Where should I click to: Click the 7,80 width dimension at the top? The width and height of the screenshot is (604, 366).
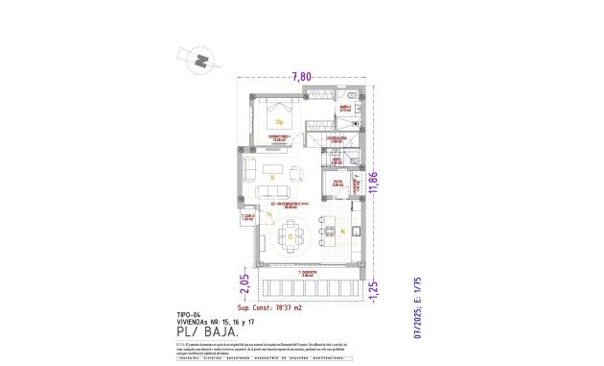[x=302, y=76]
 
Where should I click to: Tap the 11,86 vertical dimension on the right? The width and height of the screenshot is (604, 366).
[x=385, y=182]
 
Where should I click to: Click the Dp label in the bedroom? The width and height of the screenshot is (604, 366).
[x=279, y=122]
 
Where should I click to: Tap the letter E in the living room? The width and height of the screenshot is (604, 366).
[x=272, y=178]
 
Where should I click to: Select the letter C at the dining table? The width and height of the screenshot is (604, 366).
[x=289, y=235]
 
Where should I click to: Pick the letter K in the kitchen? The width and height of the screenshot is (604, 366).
[x=342, y=232]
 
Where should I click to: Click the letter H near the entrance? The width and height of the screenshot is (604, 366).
[x=256, y=213]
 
